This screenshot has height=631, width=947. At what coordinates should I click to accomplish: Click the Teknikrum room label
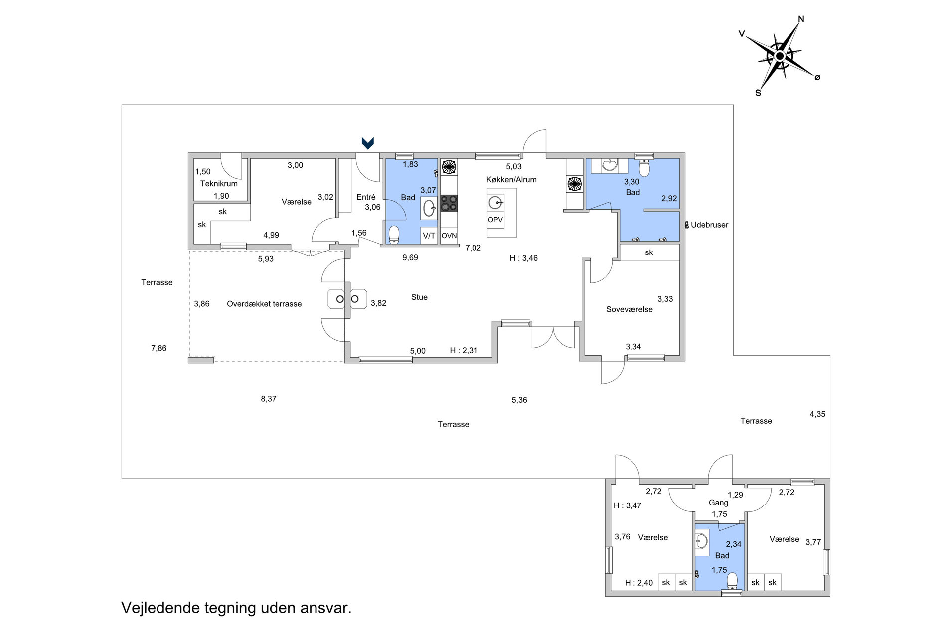tap(219, 183)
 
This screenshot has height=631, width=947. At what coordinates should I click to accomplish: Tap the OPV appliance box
tap(495, 220)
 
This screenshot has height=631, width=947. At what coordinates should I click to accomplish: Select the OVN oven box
tap(449, 236)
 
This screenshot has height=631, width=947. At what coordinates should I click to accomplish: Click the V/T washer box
tap(429, 236)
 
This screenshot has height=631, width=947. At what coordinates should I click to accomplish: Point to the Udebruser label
tap(709, 225)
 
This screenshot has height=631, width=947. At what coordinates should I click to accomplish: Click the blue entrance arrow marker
tap(368, 143)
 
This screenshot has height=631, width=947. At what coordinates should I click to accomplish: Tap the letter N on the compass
tap(801, 19)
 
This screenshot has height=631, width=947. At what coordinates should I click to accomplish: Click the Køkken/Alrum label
tap(511, 180)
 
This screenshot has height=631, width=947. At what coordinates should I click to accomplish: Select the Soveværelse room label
tap(630, 309)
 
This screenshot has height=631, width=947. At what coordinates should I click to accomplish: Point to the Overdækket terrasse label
tap(264, 304)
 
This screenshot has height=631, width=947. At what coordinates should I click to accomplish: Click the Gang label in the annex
tap(718, 503)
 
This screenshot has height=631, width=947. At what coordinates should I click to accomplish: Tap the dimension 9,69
tap(410, 257)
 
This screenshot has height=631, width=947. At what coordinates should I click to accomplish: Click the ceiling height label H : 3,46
tap(523, 258)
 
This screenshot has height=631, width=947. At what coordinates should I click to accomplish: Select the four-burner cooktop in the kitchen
tap(449, 203)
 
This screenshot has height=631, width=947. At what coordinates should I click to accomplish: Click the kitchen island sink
tap(495, 203)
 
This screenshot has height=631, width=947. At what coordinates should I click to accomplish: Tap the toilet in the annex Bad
tap(732, 581)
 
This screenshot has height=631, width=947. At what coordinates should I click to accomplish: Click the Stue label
tap(419, 297)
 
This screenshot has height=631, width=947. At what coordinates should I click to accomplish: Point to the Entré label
tap(366, 197)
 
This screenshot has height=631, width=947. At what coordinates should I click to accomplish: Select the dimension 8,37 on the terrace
tap(268, 399)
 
